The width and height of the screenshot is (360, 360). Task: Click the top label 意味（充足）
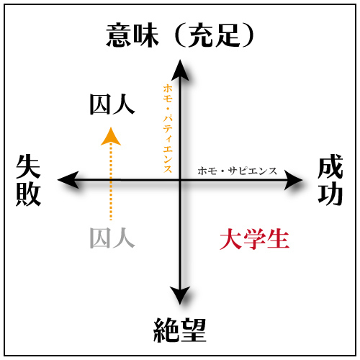(x=180, y=35)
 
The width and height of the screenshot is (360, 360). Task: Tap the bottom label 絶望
(x=180, y=330)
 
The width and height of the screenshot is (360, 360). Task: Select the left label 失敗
(x=28, y=180)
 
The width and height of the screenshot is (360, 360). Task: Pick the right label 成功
(x=330, y=180)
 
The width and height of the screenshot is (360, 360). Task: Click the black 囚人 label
(x=112, y=104)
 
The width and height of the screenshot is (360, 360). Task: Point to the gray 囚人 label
(x=112, y=238)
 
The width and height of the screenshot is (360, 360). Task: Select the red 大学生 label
(x=254, y=239)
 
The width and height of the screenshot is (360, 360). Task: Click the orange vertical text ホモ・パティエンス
(x=168, y=128)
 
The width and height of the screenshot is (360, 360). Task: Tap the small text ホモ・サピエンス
(x=237, y=171)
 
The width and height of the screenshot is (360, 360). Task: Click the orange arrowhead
(x=111, y=137)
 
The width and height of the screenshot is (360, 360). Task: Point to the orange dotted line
(x=111, y=182)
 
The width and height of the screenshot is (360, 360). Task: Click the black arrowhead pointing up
(x=180, y=70)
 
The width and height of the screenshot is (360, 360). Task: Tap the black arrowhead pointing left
(x=68, y=180)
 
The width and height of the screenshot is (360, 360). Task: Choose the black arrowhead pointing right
(x=293, y=180)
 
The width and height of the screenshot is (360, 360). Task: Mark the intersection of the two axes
(x=180, y=180)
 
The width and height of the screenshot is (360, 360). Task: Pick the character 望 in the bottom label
(x=193, y=330)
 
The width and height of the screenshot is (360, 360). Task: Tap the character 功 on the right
(x=330, y=194)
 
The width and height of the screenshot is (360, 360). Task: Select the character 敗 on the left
(x=28, y=194)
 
